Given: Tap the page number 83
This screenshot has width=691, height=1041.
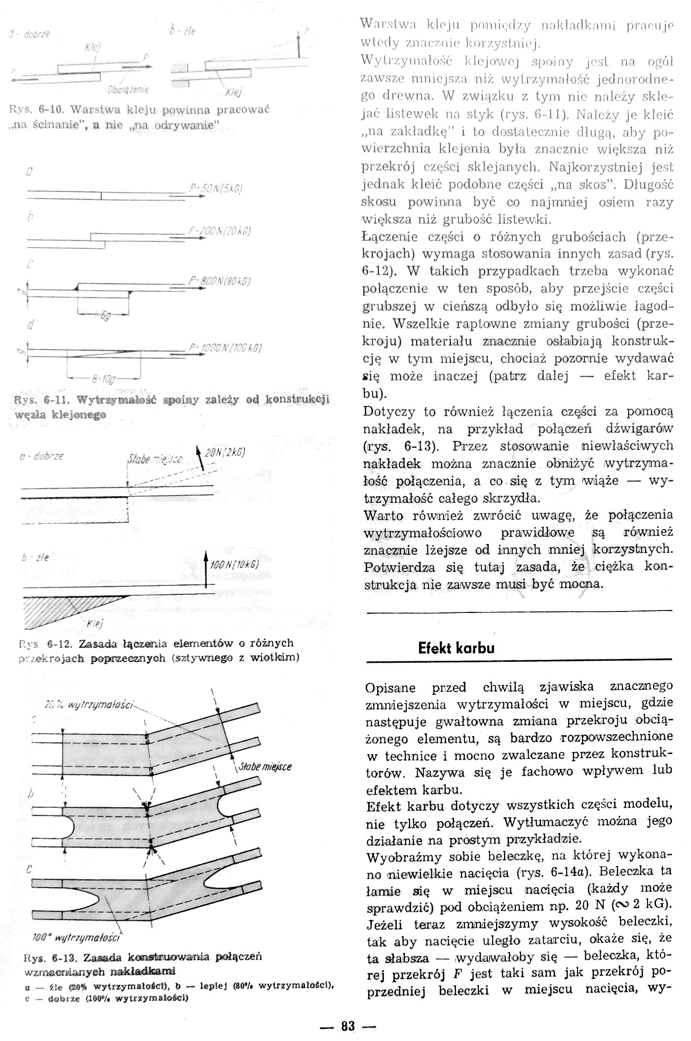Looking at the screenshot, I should tap(347, 1026).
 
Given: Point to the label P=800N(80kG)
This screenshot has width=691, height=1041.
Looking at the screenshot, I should tap(219, 282).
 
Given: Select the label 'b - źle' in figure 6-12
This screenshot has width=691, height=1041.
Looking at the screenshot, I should tap(35, 558).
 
